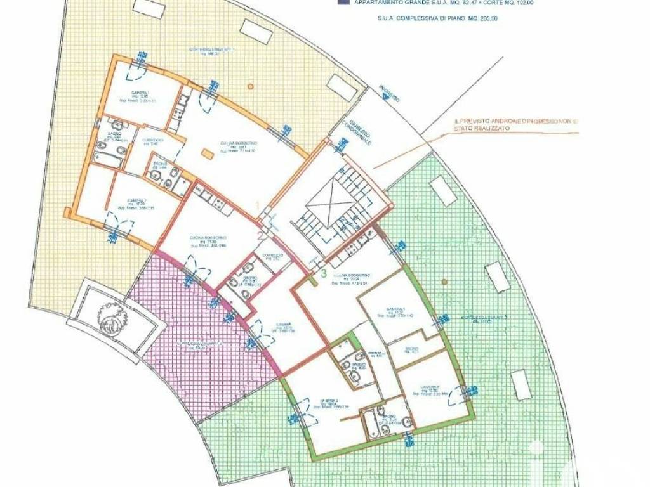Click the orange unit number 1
point(258,204)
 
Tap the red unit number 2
point(260,236)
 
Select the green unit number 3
point(324,275)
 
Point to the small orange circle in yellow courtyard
point(250,84)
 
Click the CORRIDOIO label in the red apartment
point(274,255)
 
